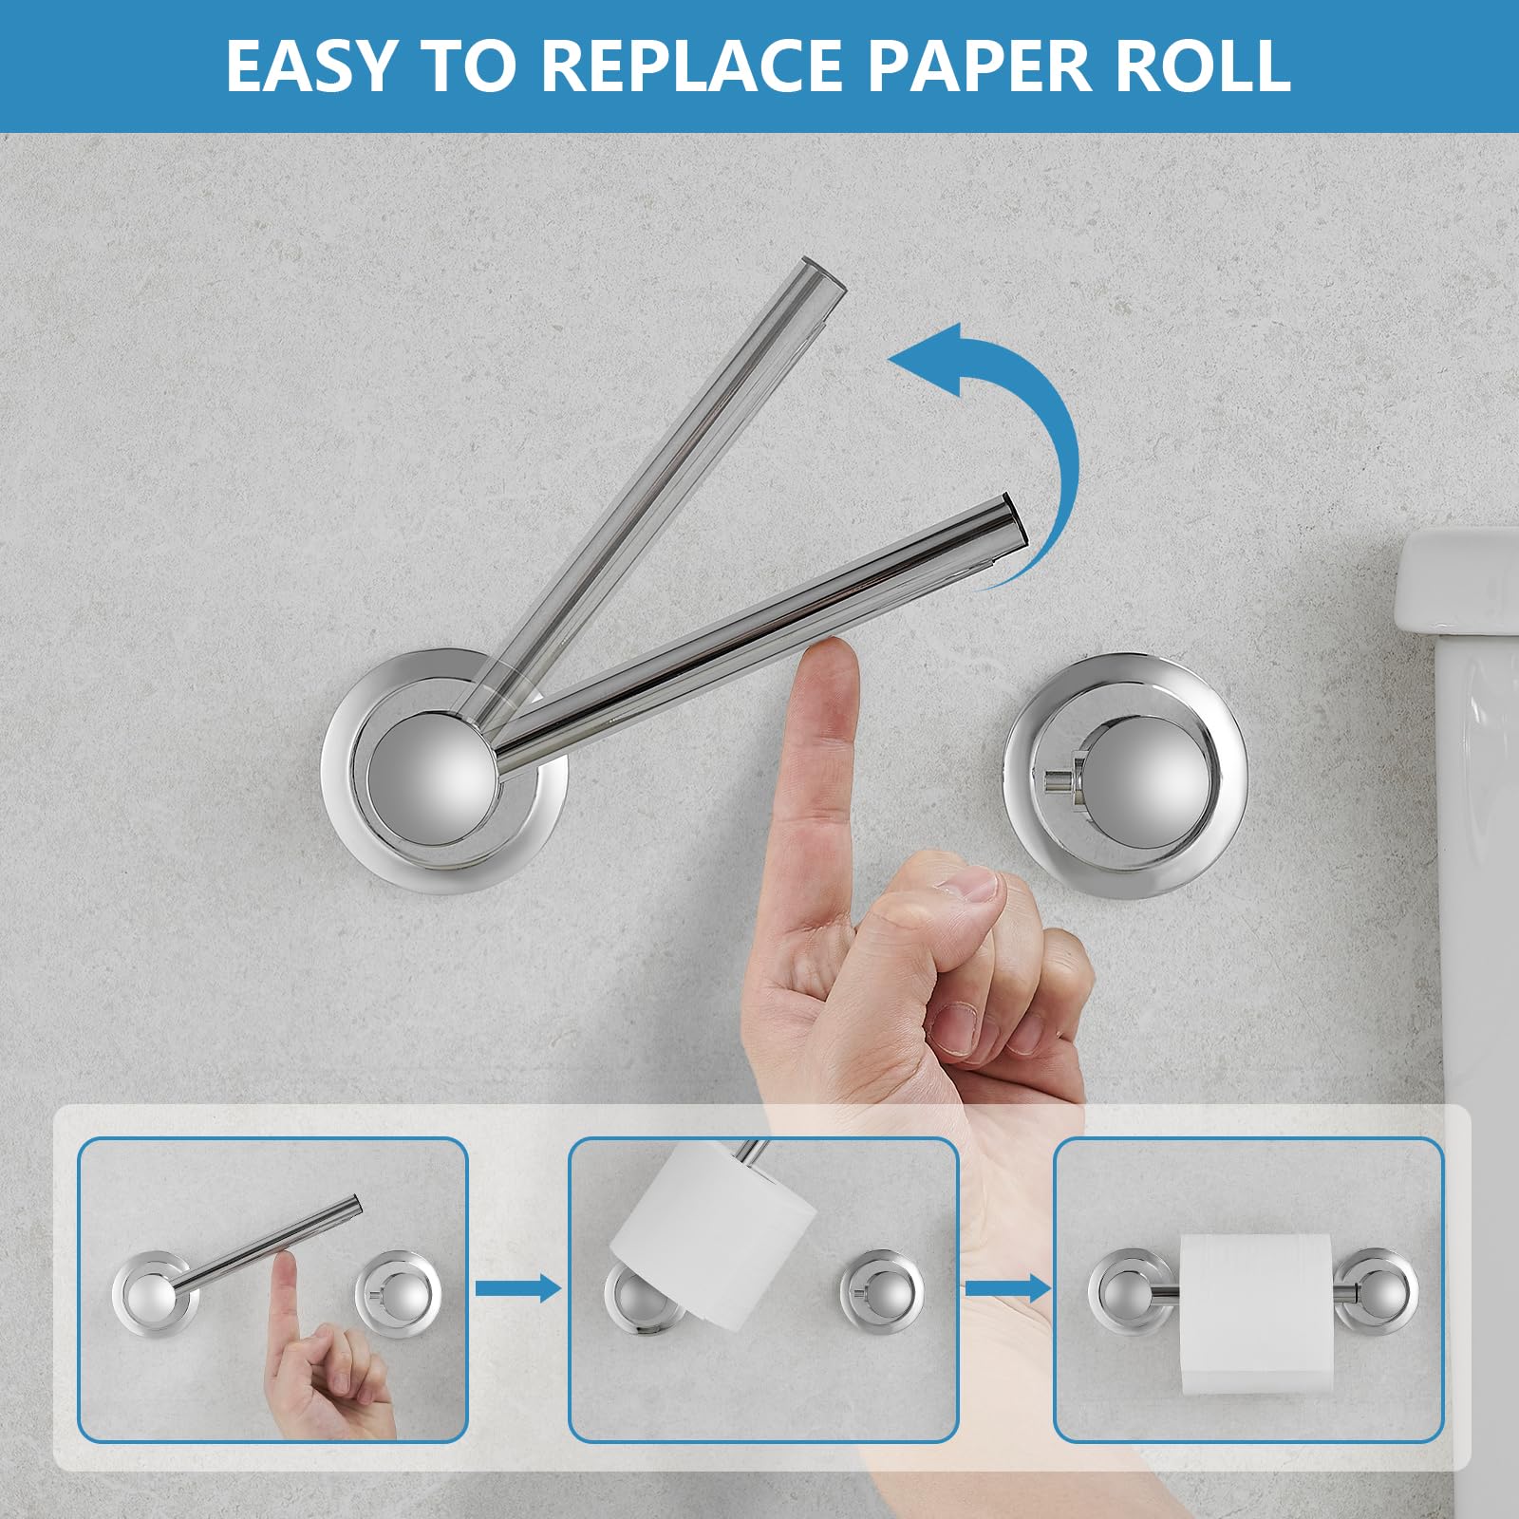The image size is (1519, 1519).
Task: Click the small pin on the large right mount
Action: point(1058,780)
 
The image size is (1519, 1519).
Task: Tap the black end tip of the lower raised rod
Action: point(1018,520)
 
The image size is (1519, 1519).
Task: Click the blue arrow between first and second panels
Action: point(517,1288)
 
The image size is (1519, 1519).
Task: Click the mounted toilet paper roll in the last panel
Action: point(1257,1312)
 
